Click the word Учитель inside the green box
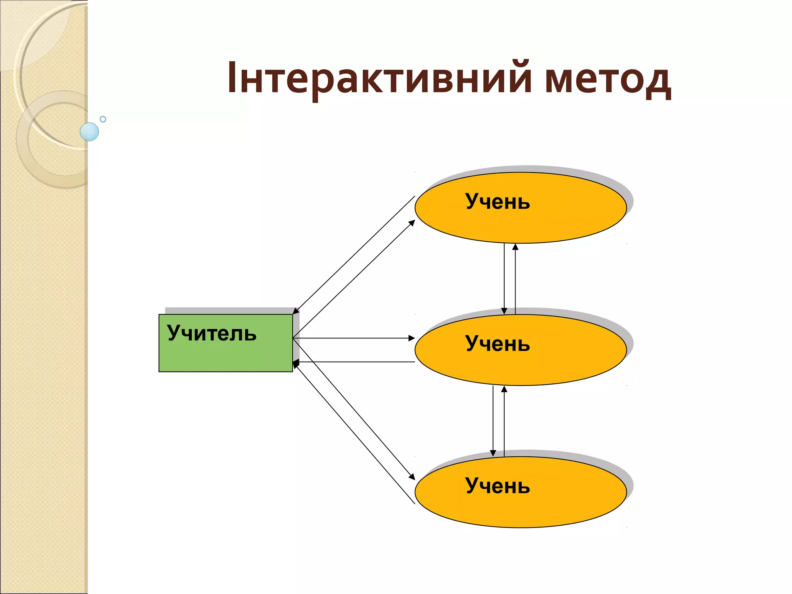click(x=212, y=333)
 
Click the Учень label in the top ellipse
click(x=497, y=201)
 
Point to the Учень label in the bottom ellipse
click(x=497, y=486)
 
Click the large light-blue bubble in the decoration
click(x=89, y=131)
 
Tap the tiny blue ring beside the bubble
click(x=103, y=119)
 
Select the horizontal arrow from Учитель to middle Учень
click(x=354, y=338)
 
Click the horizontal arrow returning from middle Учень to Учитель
click(x=354, y=362)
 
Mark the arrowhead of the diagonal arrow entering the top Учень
click(x=412, y=223)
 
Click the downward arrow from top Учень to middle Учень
click(x=504, y=278)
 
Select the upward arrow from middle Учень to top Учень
click(x=515, y=278)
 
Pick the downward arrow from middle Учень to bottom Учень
click(x=493, y=422)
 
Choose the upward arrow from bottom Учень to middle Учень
click(x=504, y=422)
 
